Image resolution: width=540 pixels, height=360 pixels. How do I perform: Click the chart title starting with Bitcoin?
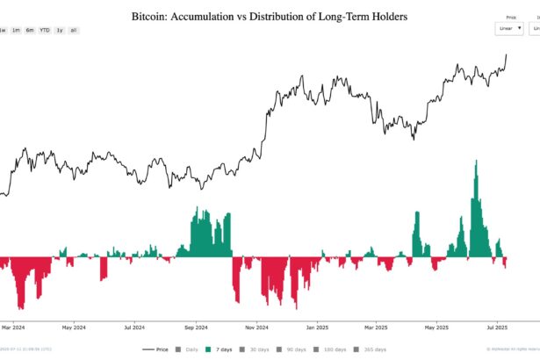point(269,17)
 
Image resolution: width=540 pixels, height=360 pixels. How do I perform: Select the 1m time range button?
point(16,30)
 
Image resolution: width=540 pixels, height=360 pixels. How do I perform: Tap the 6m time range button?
point(30,30)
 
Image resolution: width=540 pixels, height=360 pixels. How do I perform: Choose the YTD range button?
point(44,30)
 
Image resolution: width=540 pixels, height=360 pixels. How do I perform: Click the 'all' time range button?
point(73,30)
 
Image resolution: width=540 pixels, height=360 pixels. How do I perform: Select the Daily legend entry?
point(187,349)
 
